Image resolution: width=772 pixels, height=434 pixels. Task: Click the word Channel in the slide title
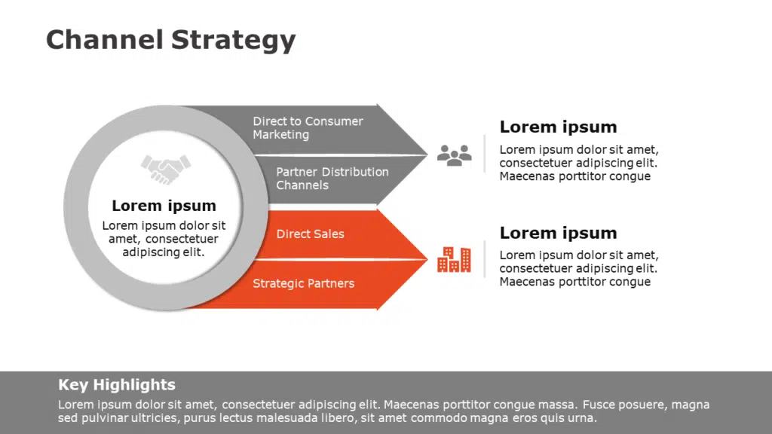[x=104, y=39]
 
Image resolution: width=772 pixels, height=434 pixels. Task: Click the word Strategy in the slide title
[x=233, y=41]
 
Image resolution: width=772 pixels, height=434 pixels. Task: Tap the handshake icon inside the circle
[x=166, y=169]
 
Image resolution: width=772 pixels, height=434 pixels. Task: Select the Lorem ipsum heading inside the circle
[x=164, y=206]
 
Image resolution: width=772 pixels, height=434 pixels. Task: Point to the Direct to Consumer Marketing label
[x=308, y=128]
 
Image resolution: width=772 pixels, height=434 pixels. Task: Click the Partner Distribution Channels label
[x=332, y=179]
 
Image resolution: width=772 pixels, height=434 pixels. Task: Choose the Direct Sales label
[x=310, y=234]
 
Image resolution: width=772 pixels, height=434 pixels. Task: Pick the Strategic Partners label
[x=303, y=284]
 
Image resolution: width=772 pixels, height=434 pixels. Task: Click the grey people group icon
[x=454, y=155]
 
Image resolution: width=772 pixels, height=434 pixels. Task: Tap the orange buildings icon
[x=454, y=260]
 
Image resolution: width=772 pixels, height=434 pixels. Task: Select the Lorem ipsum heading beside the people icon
[x=558, y=127]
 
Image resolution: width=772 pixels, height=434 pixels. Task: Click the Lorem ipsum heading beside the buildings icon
[x=558, y=233]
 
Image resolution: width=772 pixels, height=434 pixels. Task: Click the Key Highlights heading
[x=117, y=385]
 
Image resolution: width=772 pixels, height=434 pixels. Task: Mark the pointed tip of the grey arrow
[x=426, y=154]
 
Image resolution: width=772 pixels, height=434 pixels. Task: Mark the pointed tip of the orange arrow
[x=426, y=259]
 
